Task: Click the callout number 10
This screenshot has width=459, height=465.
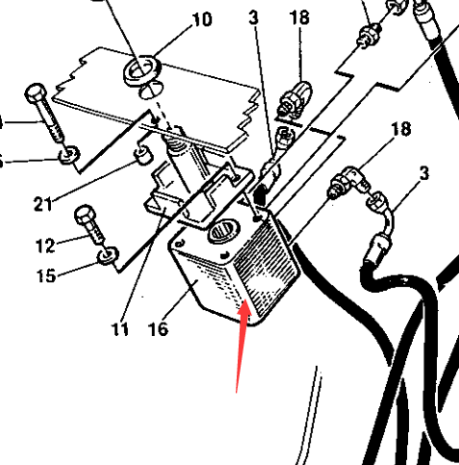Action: click(202, 19)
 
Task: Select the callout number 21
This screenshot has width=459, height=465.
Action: click(43, 204)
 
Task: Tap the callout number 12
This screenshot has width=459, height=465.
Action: click(45, 245)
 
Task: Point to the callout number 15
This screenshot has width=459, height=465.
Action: click(46, 275)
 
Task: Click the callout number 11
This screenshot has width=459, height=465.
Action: click(120, 329)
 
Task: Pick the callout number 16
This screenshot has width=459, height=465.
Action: click(159, 329)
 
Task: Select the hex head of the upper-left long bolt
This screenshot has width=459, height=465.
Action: click(36, 93)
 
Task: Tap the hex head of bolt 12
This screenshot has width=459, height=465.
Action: click(85, 215)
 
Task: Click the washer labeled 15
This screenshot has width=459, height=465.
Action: click(108, 255)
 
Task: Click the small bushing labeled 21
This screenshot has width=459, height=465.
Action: click(143, 154)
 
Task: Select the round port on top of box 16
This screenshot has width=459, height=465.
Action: click(224, 230)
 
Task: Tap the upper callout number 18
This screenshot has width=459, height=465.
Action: click(299, 17)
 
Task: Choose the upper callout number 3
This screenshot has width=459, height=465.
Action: click(253, 17)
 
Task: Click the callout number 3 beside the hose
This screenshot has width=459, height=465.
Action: click(424, 174)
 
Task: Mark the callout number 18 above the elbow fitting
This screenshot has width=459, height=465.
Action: click(400, 129)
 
